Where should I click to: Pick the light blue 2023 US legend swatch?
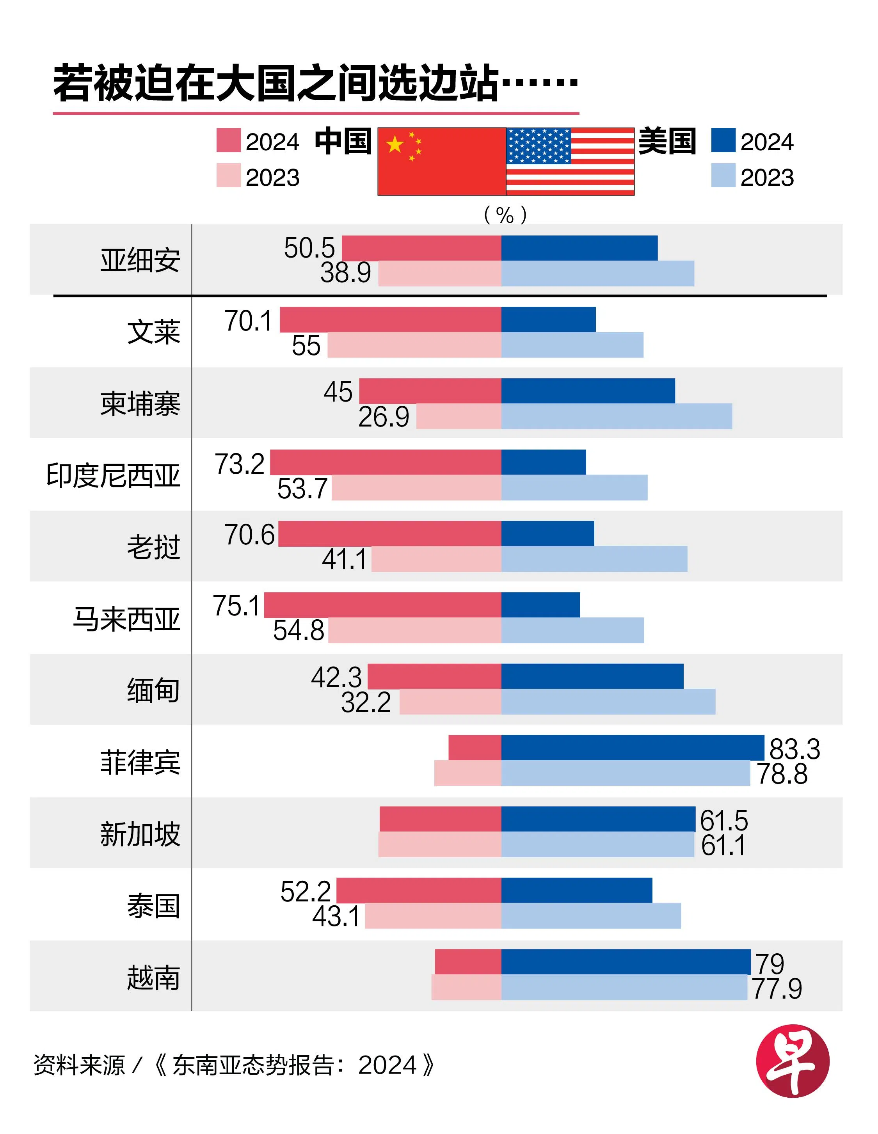coord(723,176)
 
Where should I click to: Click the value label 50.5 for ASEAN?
coord(309,248)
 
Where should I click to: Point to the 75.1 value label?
coord(236,605)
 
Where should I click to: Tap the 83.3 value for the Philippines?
coord(794,749)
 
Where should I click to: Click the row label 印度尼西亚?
coord(113,475)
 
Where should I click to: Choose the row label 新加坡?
coord(140,834)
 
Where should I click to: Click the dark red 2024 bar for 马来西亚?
coord(383,605)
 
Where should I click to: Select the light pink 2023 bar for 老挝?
coord(436,559)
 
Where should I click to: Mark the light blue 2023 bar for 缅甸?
coord(608,702)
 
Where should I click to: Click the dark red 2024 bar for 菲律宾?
coord(475,748)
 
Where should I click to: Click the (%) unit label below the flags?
coord(505,215)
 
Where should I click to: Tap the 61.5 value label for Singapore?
coord(724,820)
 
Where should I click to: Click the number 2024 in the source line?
coord(387,1065)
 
